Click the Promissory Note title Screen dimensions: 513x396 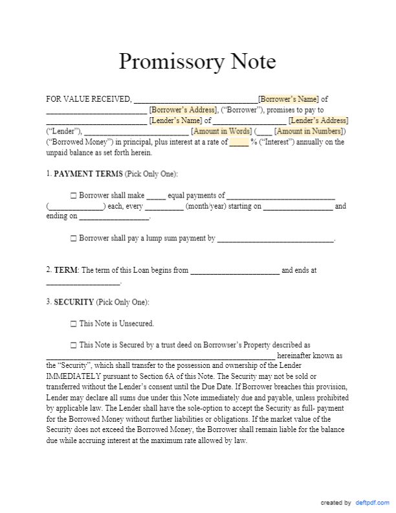coord(197,62)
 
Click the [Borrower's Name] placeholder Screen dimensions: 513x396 coord(288,99)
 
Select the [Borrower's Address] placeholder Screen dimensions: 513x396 coord(179,109)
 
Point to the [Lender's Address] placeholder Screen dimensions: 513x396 coord(318,120)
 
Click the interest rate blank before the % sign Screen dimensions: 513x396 coord(239,142)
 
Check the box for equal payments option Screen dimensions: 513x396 coord(73,196)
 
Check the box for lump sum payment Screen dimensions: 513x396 coord(73,238)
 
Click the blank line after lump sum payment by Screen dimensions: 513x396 coord(275,239)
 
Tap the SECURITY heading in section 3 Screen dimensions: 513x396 coord(74,302)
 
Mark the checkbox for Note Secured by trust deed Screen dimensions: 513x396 coord(73,345)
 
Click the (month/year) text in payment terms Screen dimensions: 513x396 coord(205,207)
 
